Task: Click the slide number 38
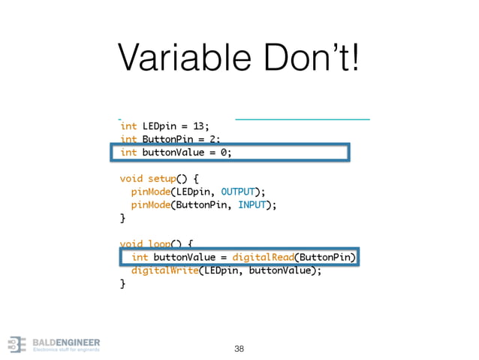[x=239, y=349]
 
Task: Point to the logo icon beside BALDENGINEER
[x=17, y=344]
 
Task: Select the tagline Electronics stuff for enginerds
[x=65, y=349]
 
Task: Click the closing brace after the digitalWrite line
[x=123, y=284]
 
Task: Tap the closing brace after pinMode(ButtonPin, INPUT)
[x=123, y=218]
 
